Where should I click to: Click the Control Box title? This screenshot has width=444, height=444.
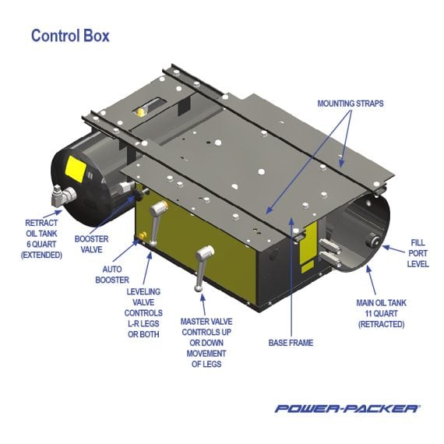click(x=70, y=36)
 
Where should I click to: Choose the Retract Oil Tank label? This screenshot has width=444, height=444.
click(x=41, y=238)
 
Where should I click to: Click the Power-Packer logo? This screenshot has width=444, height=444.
click(x=347, y=407)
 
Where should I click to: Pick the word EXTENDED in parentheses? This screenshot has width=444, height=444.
click(x=41, y=254)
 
